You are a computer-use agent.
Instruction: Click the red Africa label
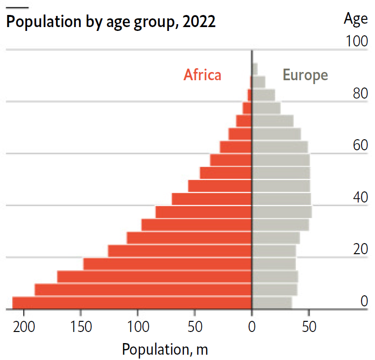tap(202, 75)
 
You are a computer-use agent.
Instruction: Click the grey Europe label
tap(305, 75)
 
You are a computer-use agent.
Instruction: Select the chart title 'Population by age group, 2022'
tap(111, 22)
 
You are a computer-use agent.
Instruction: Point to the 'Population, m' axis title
tap(165, 348)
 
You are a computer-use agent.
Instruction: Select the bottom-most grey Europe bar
tap(272, 302)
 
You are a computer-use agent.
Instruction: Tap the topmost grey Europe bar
tap(255, 69)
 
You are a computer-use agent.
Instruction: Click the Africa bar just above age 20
tap(180, 251)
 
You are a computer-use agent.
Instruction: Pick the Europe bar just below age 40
tap(282, 212)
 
